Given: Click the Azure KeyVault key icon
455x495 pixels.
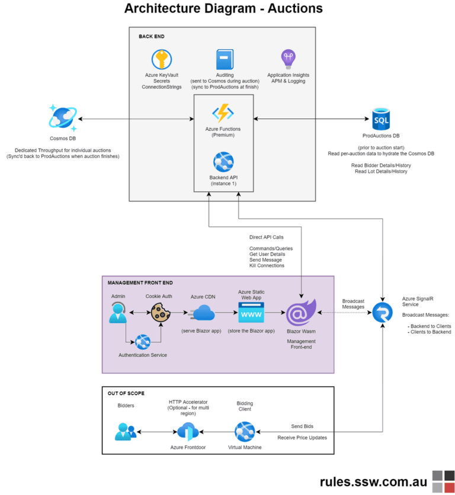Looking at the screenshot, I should (162, 60).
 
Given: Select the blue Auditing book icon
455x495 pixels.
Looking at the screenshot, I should (225, 60).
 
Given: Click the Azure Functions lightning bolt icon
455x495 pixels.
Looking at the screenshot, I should (224, 113).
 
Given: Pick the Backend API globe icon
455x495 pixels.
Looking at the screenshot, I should (223, 162).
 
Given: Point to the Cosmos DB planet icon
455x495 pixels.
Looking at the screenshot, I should (63, 118).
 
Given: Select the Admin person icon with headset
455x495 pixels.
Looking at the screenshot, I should (118, 312).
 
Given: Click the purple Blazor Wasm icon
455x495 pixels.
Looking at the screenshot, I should (301, 312).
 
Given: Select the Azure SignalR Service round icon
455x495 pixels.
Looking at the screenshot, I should (382, 312).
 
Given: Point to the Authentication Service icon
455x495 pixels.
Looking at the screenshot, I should (143, 342).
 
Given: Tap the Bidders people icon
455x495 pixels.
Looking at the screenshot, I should (126, 432).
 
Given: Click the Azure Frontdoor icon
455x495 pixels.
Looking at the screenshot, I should (187, 432).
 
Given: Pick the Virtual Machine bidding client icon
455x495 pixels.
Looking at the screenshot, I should (245, 432).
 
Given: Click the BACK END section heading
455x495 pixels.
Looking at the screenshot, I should (152, 37).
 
